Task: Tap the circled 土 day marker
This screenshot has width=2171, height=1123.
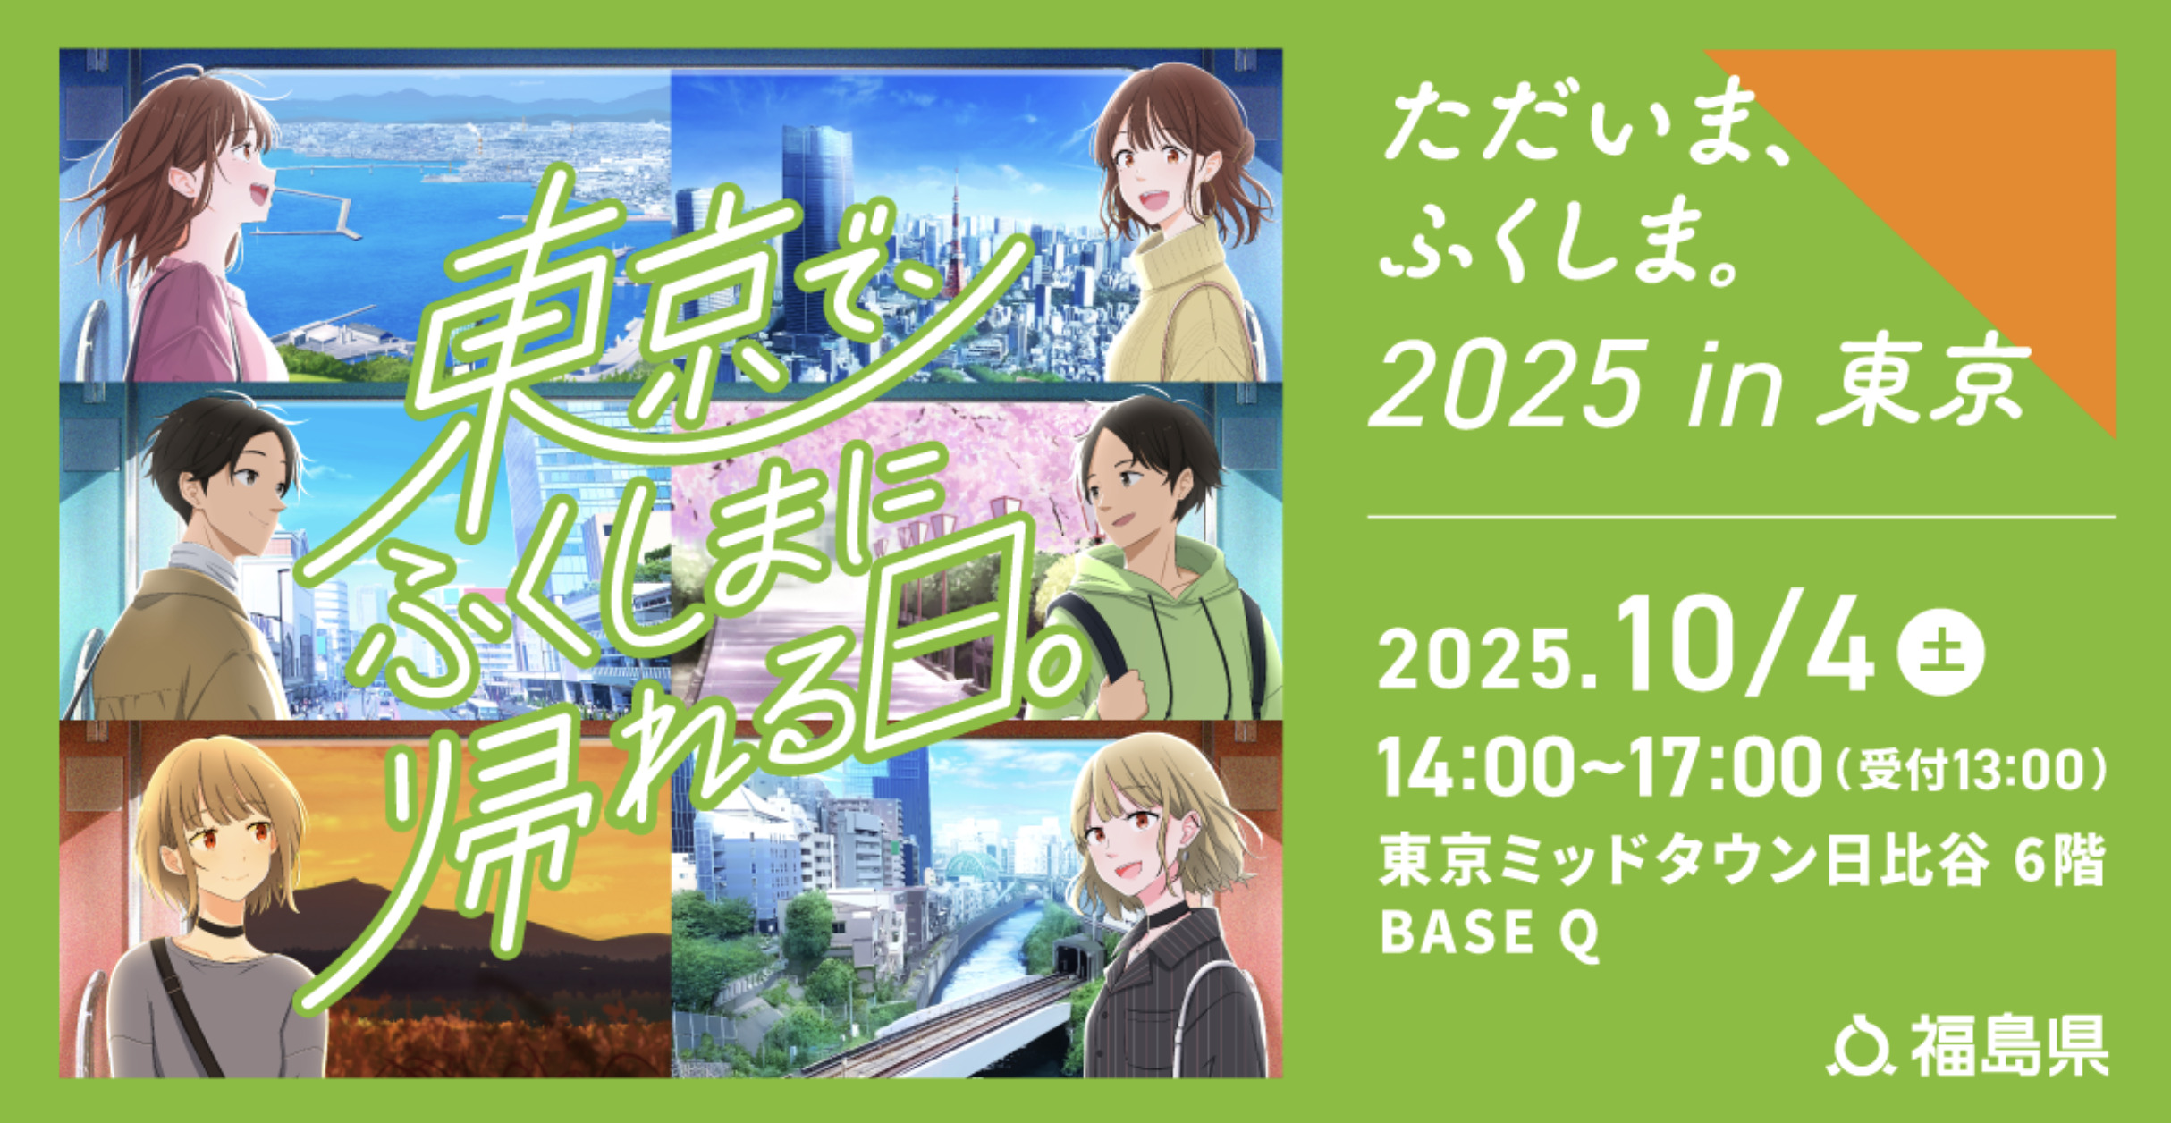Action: pos(1939,652)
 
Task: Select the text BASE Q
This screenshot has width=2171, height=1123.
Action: pos(1490,933)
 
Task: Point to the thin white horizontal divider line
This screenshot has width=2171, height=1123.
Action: pos(1742,517)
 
